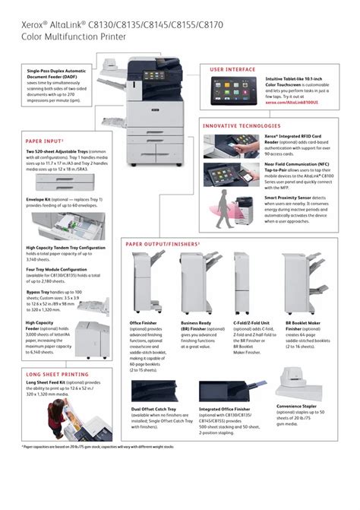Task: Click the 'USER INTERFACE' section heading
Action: pyautogui.click(x=233, y=69)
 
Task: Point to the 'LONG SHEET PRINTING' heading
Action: pyautogui.click(x=54, y=375)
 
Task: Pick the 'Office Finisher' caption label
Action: pyautogui.click(x=144, y=322)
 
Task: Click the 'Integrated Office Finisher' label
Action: pyautogui.click(x=224, y=409)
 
